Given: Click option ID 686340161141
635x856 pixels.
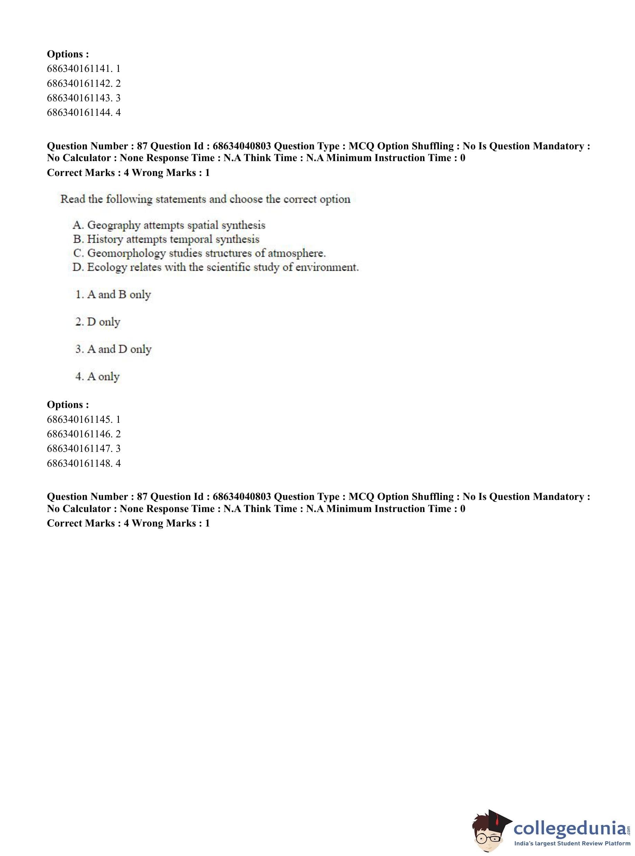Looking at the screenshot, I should coord(83,69).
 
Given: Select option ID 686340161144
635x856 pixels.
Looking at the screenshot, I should coord(83,113).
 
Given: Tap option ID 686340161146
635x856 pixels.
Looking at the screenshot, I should coord(83,434).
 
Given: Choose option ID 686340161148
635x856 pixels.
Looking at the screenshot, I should coord(83,463).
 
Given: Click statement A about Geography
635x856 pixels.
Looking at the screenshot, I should coord(169,225).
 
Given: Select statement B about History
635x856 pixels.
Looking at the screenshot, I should coord(166,239).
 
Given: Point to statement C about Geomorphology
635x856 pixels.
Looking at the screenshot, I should coord(199,253).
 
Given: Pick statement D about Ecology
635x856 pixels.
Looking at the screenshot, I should coord(215,267).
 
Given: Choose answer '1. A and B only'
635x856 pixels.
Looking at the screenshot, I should coord(113,295).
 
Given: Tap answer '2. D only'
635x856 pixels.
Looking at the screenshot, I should coord(98,322).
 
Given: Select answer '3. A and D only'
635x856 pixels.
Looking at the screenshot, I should coord(113,349).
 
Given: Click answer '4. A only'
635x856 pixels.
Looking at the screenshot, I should coord(97,376).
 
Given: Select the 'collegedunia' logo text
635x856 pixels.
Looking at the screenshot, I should coord(570,828).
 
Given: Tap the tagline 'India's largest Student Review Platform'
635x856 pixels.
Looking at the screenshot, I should coord(572,844).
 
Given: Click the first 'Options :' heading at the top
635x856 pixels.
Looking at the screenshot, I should coord(68,54).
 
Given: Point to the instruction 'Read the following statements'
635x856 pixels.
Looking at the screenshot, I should coord(205,199).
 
